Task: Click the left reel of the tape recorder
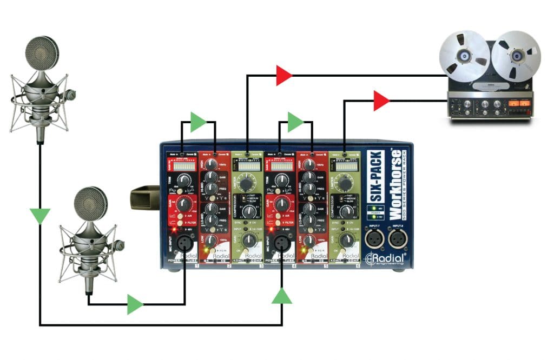(464, 56)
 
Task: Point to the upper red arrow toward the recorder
(284, 75)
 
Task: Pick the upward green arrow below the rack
(282, 296)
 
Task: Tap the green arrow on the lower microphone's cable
(135, 305)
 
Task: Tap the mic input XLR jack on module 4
(282, 243)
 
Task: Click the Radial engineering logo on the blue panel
(385, 258)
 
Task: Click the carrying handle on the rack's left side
(144, 199)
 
